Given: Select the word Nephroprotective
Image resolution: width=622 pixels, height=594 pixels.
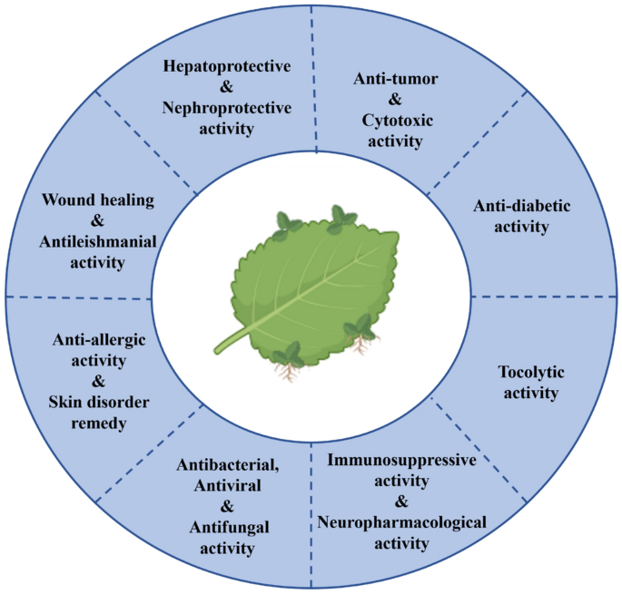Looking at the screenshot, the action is click(x=226, y=108).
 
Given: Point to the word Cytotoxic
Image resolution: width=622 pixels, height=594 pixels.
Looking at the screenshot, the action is click(x=395, y=121).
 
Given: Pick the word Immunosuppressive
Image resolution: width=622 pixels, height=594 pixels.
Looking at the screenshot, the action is click(x=400, y=460).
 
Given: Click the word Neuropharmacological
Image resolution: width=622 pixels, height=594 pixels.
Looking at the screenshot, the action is click(x=401, y=522).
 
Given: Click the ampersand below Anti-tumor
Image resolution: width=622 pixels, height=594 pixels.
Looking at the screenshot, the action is click(x=395, y=100).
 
